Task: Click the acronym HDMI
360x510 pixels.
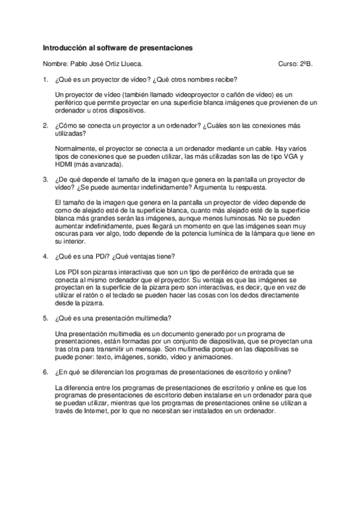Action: tap(63, 164)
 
